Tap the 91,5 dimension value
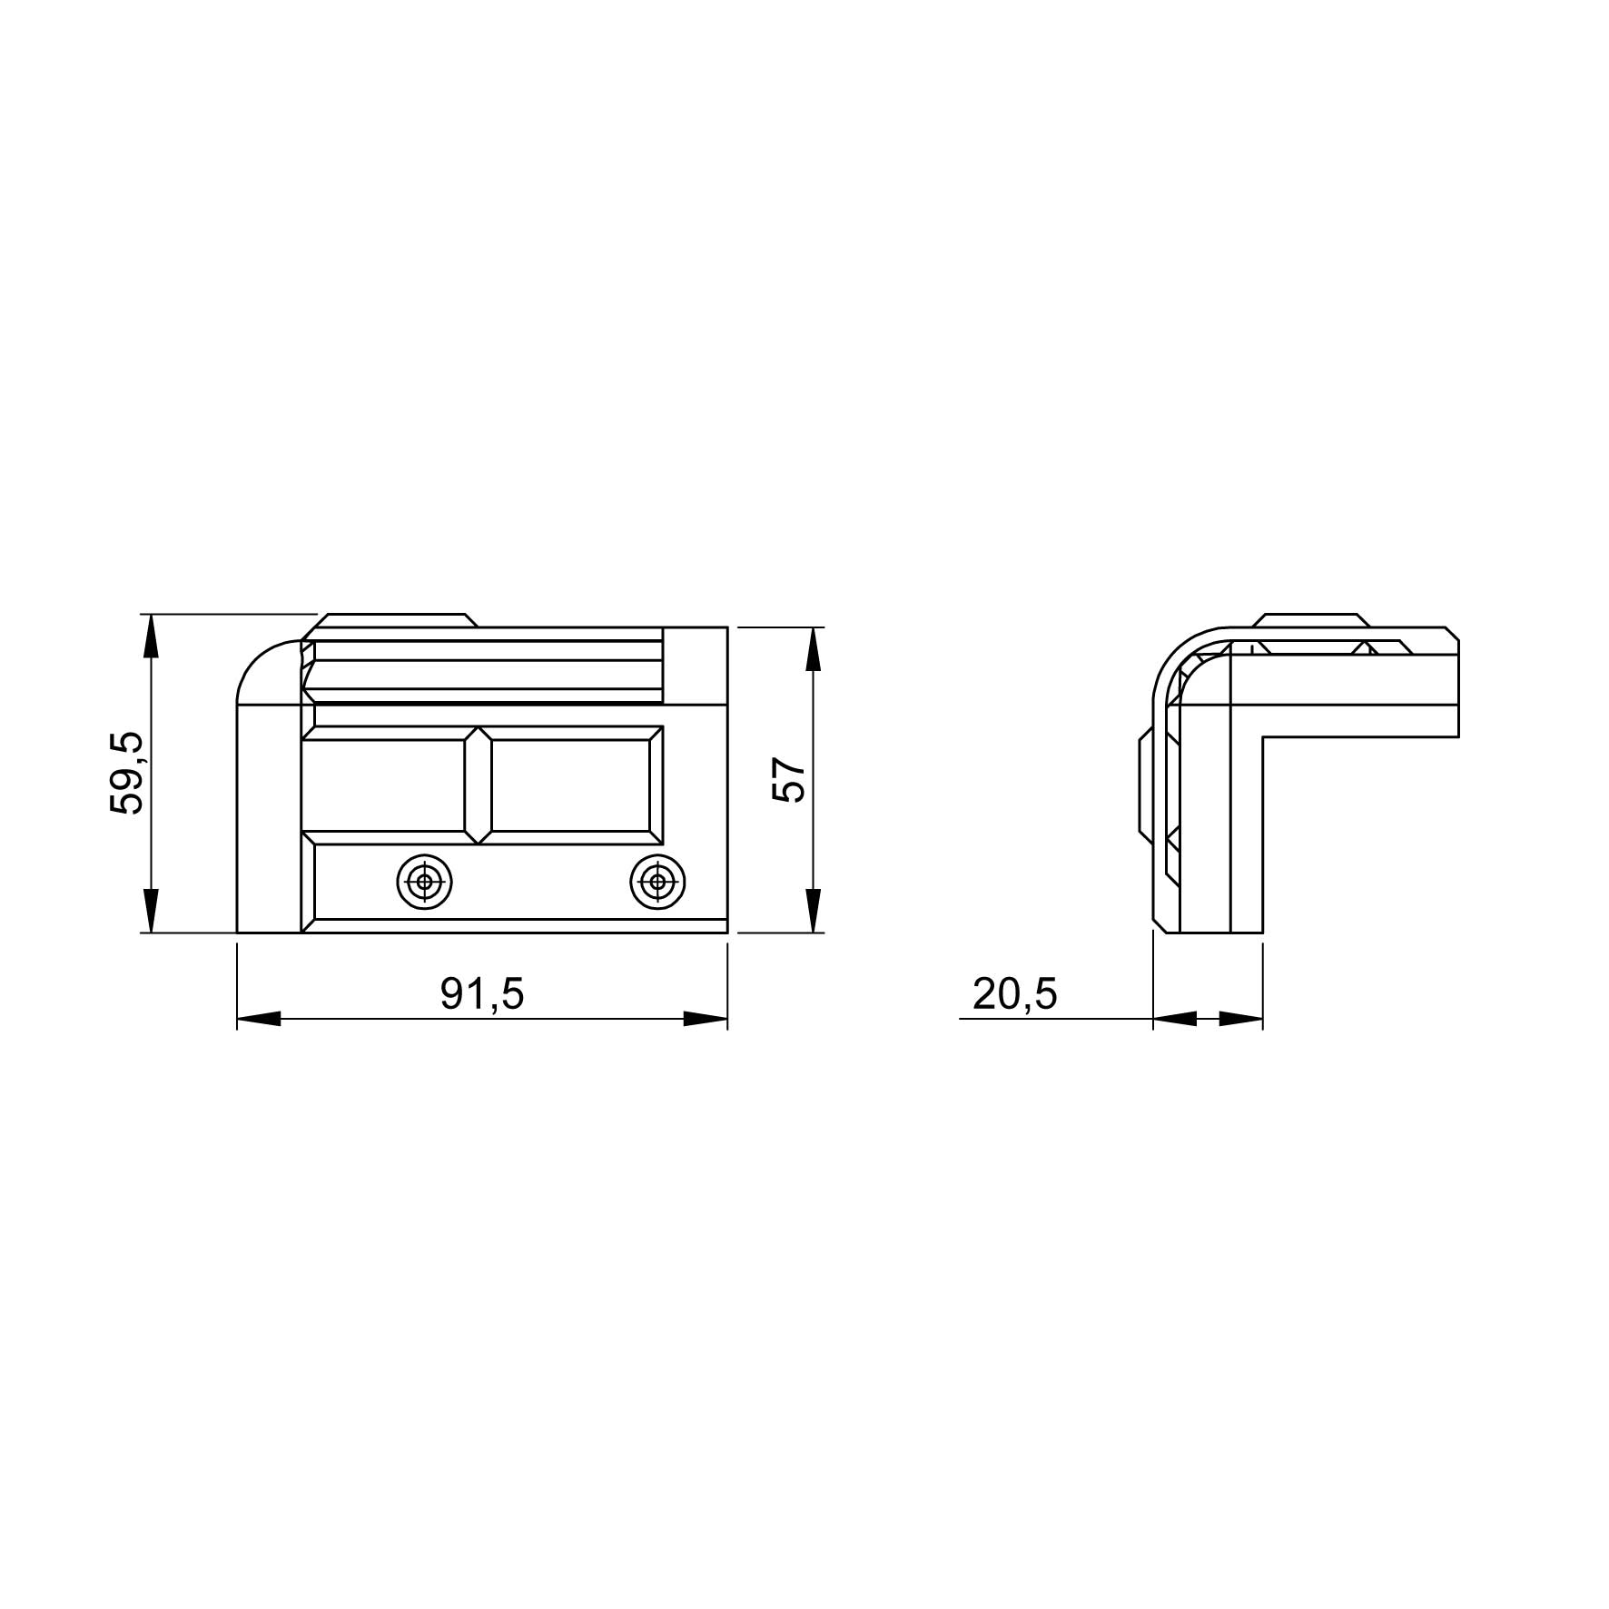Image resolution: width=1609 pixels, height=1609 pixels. pos(482,994)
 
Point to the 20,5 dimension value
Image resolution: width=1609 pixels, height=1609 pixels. pos(1015,994)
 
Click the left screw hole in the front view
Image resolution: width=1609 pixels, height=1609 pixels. pos(425,881)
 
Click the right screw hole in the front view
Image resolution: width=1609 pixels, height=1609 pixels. pos(658,881)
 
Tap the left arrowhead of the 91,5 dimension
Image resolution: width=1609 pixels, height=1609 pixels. pos(260,1020)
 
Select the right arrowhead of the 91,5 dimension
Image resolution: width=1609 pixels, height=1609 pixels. pos(706,1020)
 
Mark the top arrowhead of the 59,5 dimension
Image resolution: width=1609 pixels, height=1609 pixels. pos(152,637)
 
